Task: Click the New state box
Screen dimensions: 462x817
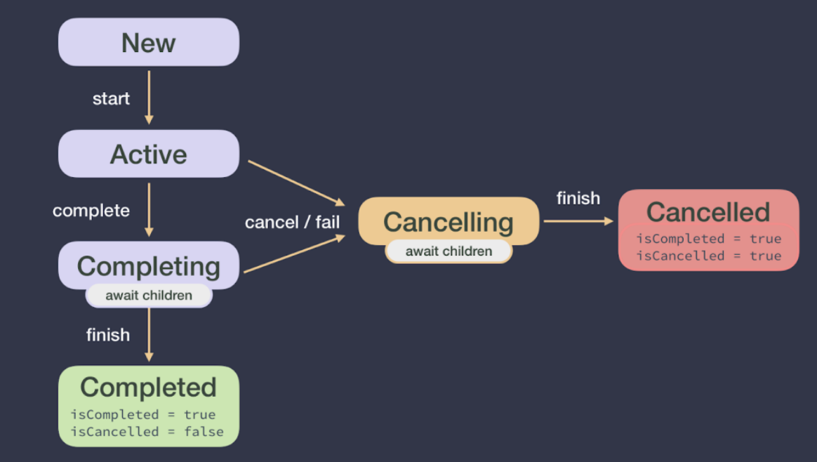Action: (x=148, y=42)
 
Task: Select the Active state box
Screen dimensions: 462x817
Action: (x=148, y=154)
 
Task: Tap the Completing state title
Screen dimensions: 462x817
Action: (x=148, y=266)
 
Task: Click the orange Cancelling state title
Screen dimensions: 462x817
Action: (x=449, y=222)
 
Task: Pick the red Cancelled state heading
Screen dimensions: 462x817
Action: (x=708, y=212)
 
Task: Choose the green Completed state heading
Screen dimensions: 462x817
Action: (x=148, y=387)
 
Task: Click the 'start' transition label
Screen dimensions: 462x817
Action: (x=111, y=98)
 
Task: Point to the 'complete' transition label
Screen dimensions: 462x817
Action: (x=91, y=210)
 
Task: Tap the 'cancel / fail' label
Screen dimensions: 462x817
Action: (x=292, y=222)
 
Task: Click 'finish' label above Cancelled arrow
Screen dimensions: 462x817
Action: (x=578, y=198)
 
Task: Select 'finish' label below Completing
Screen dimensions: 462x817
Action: (x=108, y=335)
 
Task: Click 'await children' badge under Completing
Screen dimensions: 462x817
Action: (x=149, y=296)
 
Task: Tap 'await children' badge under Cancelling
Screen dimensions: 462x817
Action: (x=449, y=251)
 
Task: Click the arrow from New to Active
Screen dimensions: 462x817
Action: (x=149, y=98)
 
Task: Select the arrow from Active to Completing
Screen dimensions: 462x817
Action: (x=149, y=209)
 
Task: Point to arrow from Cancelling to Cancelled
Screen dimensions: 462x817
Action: (x=578, y=220)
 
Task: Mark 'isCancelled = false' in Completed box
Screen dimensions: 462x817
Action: (x=147, y=431)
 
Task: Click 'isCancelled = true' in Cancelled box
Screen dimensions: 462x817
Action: (x=708, y=256)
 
